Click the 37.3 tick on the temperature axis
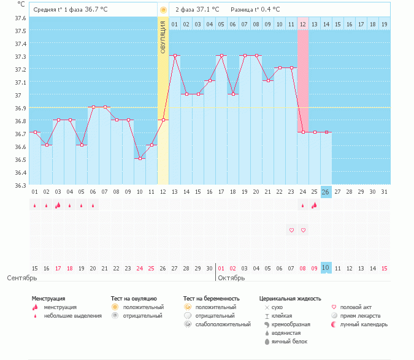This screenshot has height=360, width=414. pyautogui.click(x=21, y=56)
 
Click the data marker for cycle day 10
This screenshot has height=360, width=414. pyautogui.click(x=140, y=158)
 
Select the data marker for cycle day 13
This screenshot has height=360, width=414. pyautogui.click(x=175, y=56)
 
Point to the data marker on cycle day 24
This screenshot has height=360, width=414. pyautogui.click(x=303, y=132)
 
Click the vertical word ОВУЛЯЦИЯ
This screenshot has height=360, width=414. pyautogui.click(x=163, y=37)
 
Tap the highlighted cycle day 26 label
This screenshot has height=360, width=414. pyautogui.click(x=326, y=192)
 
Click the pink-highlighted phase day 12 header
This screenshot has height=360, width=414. pyautogui.click(x=303, y=24)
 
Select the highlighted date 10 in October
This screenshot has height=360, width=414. pyautogui.click(x=326, y=268)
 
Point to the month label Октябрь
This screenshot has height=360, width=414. pyautogui.click(x=232, y=278)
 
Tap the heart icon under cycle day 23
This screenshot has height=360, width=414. pyautogui.click(x=291, y=230)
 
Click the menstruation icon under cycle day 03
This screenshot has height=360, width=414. pyautogui.click(x=58, y=205)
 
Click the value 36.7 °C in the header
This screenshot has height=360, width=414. pyautogui.click(x=96, y=10)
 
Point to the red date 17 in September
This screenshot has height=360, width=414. pyautogui.click(x=58, y=268)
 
